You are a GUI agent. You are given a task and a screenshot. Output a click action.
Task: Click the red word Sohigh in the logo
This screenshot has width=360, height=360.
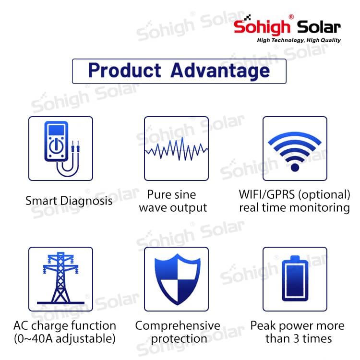click(x=262, y=26)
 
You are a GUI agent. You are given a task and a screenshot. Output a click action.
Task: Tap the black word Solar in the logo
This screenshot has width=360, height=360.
click(x=319, y=27)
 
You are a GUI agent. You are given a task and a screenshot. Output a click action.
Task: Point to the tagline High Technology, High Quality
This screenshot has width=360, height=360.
click(x=299, y=40)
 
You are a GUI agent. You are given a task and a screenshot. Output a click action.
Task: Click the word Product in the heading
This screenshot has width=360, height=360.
click(x=125, y=70)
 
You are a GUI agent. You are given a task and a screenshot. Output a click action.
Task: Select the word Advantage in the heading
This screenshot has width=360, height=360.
click(x=220, y=71)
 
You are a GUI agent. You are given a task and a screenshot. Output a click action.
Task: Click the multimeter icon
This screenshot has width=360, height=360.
click(x=61, y=148)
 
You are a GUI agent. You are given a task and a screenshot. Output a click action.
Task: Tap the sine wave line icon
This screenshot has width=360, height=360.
click(x=176, y=149)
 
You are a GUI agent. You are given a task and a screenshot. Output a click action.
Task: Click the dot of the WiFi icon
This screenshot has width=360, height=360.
click(x=295, y=168)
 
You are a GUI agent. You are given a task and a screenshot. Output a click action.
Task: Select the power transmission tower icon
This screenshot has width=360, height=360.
click(x=60, y=278)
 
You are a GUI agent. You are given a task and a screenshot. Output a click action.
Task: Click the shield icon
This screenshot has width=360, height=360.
click(x=177, y=279)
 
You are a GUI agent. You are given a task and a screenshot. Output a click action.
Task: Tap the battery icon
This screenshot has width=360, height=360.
click(x=295, y=278)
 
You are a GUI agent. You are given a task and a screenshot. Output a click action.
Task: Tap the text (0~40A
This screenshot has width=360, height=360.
click(x=34, y=339)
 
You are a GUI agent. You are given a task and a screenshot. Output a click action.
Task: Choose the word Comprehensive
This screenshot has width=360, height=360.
click(x=178, y=326)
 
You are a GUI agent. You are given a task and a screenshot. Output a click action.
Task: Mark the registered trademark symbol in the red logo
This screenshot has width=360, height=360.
click(x=291, y=17)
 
